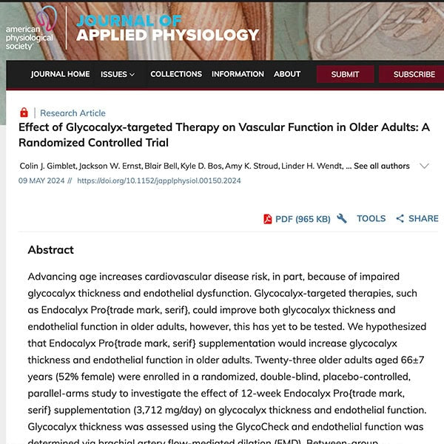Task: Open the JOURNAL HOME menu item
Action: (60, 74)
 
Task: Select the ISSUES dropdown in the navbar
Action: (118, 74)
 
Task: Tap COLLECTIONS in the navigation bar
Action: (176, 74)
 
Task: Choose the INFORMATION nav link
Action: (238, 74)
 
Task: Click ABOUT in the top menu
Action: (287, 74)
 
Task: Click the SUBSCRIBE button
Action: (414, 74)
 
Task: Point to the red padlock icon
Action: (24, 112)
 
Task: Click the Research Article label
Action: (73, 113)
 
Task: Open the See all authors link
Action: (382, 166)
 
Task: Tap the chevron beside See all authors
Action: (425, 166)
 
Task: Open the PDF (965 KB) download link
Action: (297, 218)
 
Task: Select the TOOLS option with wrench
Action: (362, 218)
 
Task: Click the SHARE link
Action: (417, 218)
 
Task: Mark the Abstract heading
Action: (50, 250)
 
